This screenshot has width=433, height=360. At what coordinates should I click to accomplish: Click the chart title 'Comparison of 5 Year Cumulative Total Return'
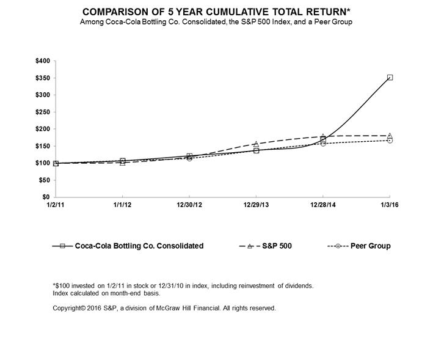point(216,12)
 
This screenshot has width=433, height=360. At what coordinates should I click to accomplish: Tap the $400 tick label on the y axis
point(44,61)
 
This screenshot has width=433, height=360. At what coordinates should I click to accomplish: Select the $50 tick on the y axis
point(45,180)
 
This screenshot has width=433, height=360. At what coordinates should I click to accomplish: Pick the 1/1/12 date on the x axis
point(122,205)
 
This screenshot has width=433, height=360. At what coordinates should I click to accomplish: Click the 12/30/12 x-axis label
point(189,205)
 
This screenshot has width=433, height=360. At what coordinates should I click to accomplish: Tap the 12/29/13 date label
point(256,205)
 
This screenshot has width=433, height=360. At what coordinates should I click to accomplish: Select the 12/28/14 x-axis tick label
point(323,205)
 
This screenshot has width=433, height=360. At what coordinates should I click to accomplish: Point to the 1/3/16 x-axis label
point(390,205)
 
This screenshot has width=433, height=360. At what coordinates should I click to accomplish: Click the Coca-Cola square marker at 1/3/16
point(390,78)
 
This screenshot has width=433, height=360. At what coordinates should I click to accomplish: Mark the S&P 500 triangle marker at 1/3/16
point(390,136)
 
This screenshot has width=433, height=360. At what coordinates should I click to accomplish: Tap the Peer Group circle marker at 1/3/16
point(390,141)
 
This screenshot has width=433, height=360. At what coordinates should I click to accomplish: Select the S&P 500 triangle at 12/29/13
point(256,144)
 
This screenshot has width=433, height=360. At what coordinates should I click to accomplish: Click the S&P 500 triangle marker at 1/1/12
point(122,163)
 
